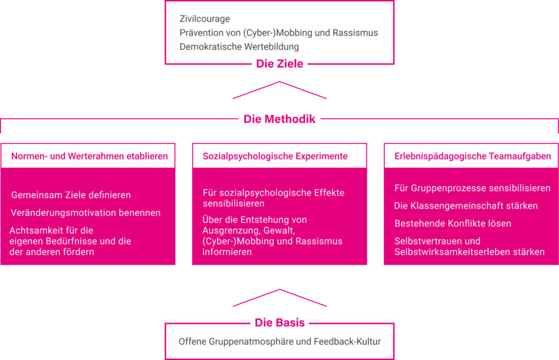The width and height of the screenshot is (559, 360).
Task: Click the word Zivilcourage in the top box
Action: pos(205,19)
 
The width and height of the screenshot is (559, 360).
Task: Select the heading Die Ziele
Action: pos(279,63)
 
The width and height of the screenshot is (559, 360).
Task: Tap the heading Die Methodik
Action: pos(279,119)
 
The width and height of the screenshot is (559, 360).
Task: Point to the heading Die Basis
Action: pos(279,322)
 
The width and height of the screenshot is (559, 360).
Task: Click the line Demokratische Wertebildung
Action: pos(239,47)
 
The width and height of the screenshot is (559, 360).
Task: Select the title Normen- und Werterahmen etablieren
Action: pos(90,156)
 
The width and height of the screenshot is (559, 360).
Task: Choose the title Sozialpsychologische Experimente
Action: pos(275,156)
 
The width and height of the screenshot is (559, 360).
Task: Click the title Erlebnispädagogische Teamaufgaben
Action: pos(473,156)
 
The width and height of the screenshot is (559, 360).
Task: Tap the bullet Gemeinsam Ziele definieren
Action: pos(71,195)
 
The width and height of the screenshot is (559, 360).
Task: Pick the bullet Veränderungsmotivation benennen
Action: pos(86,213)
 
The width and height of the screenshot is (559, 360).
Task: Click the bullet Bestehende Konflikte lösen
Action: pos(453,224)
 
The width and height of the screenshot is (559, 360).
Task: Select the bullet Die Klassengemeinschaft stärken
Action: pos(466,206)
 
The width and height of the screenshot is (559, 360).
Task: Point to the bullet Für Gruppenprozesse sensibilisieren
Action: pos(472,188)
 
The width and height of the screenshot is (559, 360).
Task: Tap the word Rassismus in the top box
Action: pos(355,33)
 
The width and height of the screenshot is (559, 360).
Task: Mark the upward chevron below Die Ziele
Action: pos(279,82)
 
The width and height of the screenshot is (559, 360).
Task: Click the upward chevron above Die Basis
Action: pos(279,290)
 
